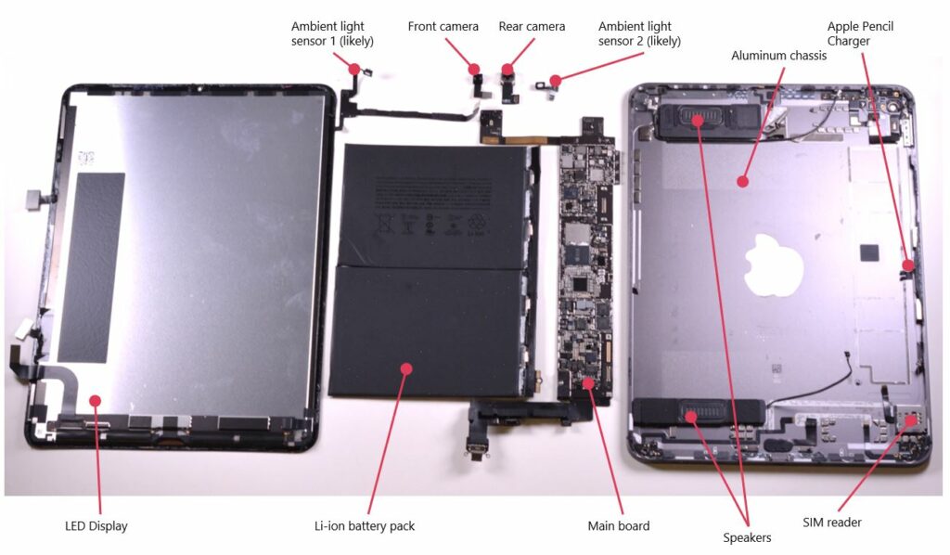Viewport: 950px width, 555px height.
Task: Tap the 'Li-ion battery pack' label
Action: [365, 526]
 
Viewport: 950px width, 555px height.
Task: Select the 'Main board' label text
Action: [618, 526]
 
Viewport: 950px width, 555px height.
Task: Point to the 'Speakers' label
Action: [747, 537]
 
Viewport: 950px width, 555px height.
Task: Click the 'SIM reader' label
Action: [831, 523]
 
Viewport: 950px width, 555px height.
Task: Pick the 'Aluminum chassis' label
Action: [778, 56]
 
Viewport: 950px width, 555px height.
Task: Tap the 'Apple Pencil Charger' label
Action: [860, 33]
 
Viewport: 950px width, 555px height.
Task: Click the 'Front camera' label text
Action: [443, 27]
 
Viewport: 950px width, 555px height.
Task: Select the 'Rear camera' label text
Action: [532, 27]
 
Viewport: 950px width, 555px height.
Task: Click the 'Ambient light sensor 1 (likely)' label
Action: [327, 33]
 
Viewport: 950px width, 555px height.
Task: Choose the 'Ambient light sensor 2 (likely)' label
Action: [639, 33]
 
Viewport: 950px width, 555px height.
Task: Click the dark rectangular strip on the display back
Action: [91, 267]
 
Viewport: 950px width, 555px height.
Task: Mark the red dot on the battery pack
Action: [405, 368]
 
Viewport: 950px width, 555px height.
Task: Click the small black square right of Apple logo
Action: [869, 252]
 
